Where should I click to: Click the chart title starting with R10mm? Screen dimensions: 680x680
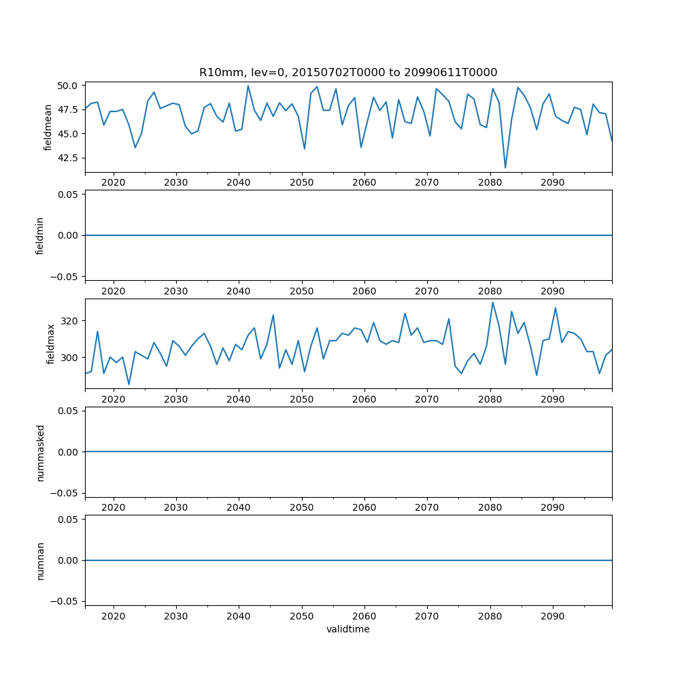pos(347,72)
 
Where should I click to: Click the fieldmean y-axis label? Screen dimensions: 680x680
pos(48,127)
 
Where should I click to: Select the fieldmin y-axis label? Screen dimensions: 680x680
pos(40,235)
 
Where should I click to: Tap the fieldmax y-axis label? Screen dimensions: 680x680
pos(50,344)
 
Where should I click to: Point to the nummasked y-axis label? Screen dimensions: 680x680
pos(40,452)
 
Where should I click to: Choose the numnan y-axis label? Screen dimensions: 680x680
pos(40,560)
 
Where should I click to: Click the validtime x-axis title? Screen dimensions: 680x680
pos(347,630)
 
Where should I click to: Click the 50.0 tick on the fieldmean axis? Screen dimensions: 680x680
pos(69,86)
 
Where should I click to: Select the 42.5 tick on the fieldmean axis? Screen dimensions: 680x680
pos(69,158)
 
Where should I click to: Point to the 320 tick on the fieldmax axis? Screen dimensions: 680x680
pos(71,320)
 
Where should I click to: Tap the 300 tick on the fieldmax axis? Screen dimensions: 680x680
pos(71,358)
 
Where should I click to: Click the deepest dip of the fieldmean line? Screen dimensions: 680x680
pos(505,167)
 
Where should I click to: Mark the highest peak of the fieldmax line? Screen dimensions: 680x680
pos(492,303)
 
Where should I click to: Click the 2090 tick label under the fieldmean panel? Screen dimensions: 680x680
pos(552,183)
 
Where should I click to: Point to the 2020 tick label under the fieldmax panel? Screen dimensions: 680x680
pos(113,399)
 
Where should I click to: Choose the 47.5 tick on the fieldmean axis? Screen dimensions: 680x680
pos(69,109)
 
